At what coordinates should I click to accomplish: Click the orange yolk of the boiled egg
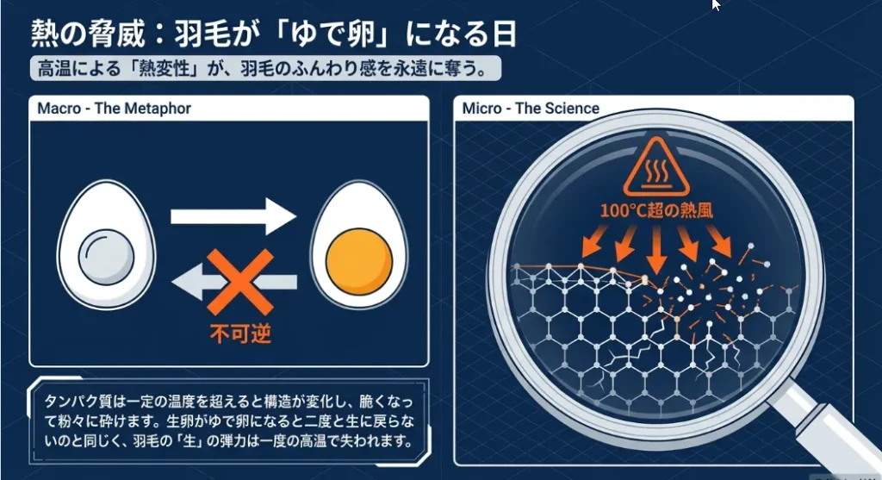click(x=359, y=260)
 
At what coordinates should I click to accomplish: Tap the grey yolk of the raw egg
click(x=106, y=258)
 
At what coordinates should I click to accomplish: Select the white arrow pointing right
click(x=233, y=216)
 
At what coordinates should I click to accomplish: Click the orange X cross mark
click(x=240, y=282)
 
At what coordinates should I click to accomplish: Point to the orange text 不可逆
click(x=241, y=334)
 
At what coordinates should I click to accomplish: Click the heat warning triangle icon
click(x=655, y=166)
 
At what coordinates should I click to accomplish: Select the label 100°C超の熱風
click(x=656, y=211)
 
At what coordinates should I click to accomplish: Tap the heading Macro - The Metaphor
click(x=115, y=108)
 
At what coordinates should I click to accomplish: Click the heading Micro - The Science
click(x=531, y=108)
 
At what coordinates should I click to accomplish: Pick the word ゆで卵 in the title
click(x=332, y=34)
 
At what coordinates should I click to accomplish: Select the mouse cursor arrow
click(x=716, y=5)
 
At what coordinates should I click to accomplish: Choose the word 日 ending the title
click(x=504, y=34)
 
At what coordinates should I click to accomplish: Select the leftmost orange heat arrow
click(x=593, y=240)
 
